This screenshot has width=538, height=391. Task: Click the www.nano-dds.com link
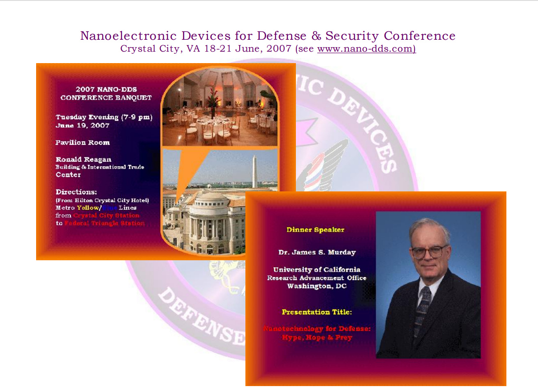[x=366, y=49]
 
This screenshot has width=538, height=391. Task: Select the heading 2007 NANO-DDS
[x=106, y=89]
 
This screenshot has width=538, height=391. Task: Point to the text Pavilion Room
[x=82, y=143]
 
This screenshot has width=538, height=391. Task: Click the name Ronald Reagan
[x=83, y=159]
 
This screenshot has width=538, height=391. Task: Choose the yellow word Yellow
[x=88, y=208]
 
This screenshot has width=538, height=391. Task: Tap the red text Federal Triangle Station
[x=105, y=223]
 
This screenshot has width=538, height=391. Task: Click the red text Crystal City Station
[x=106, y=216]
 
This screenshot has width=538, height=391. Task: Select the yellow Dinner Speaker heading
[x=315, y=230]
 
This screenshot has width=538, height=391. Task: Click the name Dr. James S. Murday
[x=317, y=252]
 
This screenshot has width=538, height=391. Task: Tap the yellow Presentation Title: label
[x=317, y=312]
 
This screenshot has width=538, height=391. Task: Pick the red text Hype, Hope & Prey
[x=317, y=338]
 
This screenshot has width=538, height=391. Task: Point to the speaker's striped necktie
[x=421, y=311]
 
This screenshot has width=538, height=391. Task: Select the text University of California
[x=317, y=270]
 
